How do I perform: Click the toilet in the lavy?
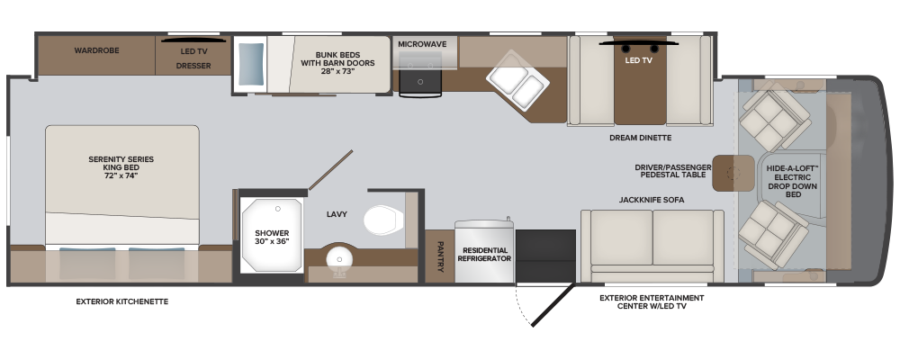(x=383, y=220)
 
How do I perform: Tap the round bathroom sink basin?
(x=338, y=259)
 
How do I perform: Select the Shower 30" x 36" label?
(x=272, y=237)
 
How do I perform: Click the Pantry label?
(x=440, y=256)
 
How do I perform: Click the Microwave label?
(x=422, y=44)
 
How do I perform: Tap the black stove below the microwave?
(x=420, y=81)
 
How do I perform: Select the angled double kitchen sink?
(x=517, y=79)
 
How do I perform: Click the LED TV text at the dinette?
(x=638, y=59)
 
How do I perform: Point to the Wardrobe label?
(x=96, y=50)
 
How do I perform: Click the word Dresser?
(x=193, y=66)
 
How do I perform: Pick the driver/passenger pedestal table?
(x=733, y=173)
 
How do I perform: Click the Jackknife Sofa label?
(x=652, y=200)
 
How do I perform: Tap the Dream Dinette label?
(x=641, y=138)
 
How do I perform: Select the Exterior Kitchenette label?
(x=122, y=301)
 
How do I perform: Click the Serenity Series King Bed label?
(x=121, y=167)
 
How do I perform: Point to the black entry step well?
(x=545, y=256)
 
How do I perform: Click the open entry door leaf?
(x=553, y=305)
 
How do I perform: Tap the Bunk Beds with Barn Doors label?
(x=337, y=63)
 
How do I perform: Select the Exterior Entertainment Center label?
(x=652, y=302)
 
